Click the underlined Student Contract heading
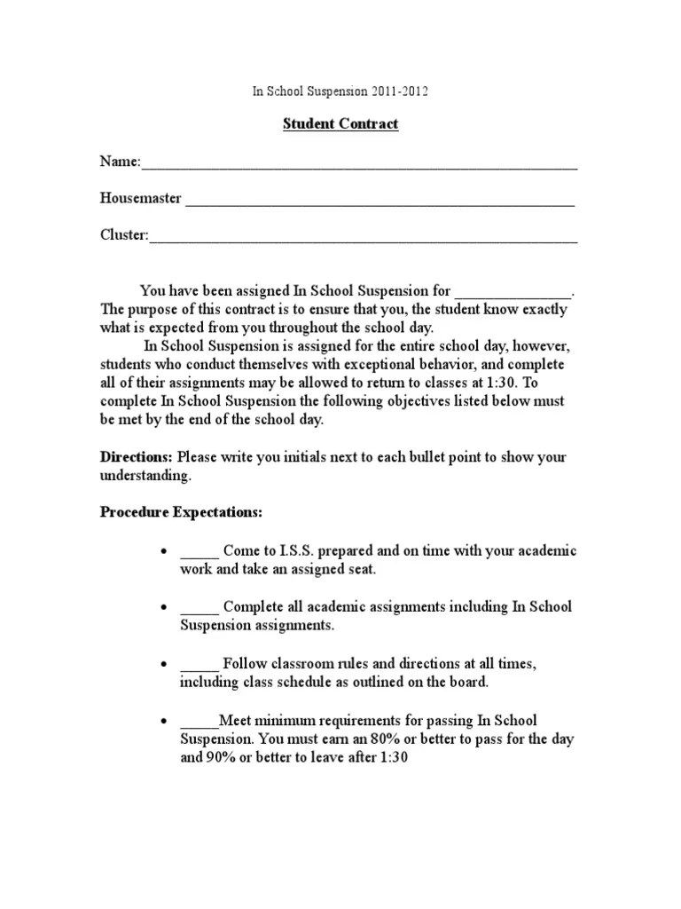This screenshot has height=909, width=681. [x=340, y=124]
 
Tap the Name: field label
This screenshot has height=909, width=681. [x=120, y=162]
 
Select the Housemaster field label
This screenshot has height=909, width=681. [x=140, y=199]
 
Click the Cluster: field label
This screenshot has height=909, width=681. [x=124, y=235]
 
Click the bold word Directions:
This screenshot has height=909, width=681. [x=137, y=457]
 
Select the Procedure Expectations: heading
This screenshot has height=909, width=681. [x=181, y=513]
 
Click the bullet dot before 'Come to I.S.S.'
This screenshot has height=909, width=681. [x=163, y=551]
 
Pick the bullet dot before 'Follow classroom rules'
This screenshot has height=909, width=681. [x=163, y=664]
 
